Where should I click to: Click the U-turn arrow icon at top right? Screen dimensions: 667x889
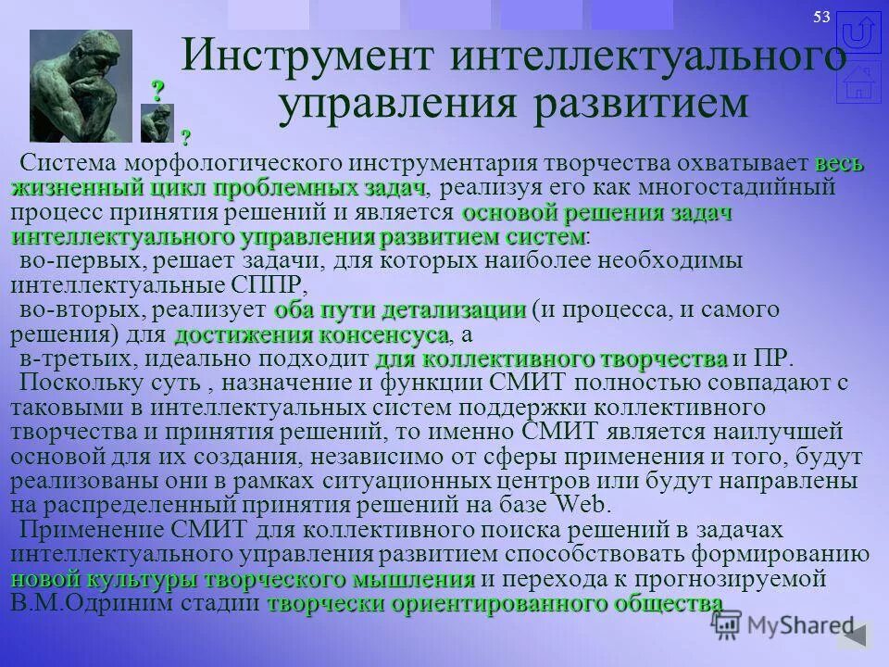tap(858, 35)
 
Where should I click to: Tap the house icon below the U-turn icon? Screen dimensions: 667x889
tap(858, 82)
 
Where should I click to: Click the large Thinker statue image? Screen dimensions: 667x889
tap(81, 85)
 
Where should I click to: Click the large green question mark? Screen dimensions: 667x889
tap(158, 91)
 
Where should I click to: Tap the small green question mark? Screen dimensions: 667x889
tap(186, 137)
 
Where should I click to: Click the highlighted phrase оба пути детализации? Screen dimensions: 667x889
tap(400, 308)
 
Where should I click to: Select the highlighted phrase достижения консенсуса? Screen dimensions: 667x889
tap(311, 333)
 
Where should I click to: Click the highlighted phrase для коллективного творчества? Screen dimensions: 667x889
tap(551, 359)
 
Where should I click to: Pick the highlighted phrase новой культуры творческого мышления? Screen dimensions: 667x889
tap(244, 580)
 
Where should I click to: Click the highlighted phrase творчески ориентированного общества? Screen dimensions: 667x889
tap(495, 604)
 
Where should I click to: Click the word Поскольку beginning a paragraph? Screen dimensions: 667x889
tap(89, 383)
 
